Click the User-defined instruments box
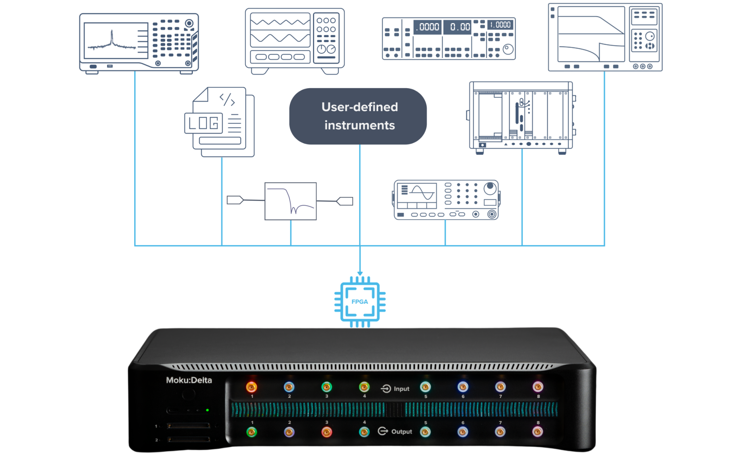pyautogui.click(x=358, y=116)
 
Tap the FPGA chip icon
pyautogui.click(x=360, y=302)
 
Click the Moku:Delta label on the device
pyautogui.click(x=189, y=380)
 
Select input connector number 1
pyautogui.click(x=251, y=387)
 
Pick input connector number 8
pyautogui.click(x=538, y=387)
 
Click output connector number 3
pyautogui.click(x=326, y=432)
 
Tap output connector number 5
pyautogui.click(x=425, y=432)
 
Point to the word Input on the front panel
pyautogui.click(x=401, y=389)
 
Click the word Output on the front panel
pyautogui.click(x=401, y=432)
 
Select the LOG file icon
pyautogui.click(x=220, y=122)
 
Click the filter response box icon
pyautogui.click(x=291, y=201)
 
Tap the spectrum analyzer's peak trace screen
pyautogui.click(x=116, y=41)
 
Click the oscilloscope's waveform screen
pyautogui.click(x=280, y=30)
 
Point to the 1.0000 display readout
pyautogui.click(x=500, y=25)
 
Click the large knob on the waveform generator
pyautogui.click(x=490, y=188)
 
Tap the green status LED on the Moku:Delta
pyautogui.click(x=207, y=410)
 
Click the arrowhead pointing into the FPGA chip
pyautogui.click(x=360, y=273)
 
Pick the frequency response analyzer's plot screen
pyautogui.click(x=591, y=34)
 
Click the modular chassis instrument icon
pyautogui.click(x=521, y=118)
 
